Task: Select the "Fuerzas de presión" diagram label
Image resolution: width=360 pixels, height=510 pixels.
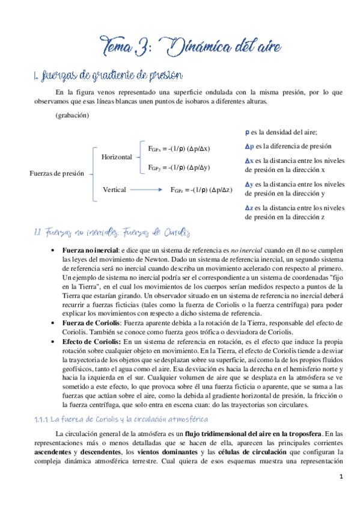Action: click(x=56, y=174)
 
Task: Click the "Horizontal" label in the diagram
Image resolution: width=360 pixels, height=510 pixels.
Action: click(x=117, y=157)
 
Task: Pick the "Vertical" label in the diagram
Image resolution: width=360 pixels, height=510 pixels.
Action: click(x=114, y=189)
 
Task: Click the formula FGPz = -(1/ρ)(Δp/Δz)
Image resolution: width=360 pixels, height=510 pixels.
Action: click(x=201, y=190)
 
